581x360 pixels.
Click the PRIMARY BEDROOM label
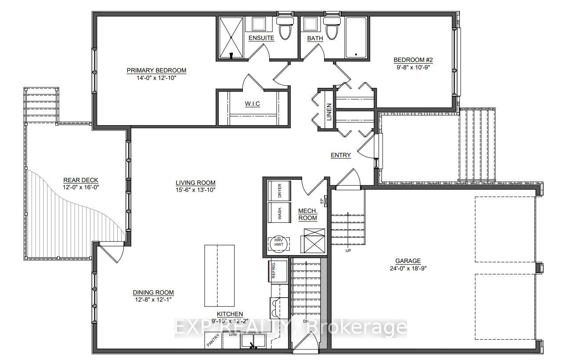click(x=156, y=70)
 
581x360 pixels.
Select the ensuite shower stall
click(x=231, y=38)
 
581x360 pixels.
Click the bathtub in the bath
click(x=356, y=37)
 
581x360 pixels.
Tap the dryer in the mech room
click(x=279, y=191)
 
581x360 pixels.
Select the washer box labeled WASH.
click(x=279, y=213)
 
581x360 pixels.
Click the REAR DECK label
click(x=81, y=180)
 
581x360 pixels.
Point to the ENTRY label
click(x=341, y=155)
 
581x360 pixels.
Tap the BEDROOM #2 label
click(x=414, y=60)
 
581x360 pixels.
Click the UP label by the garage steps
click(x=348, y=251)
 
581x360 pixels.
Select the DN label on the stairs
click(x=307, y=322)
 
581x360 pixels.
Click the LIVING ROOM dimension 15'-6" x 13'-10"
click(x=195, y=190)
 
